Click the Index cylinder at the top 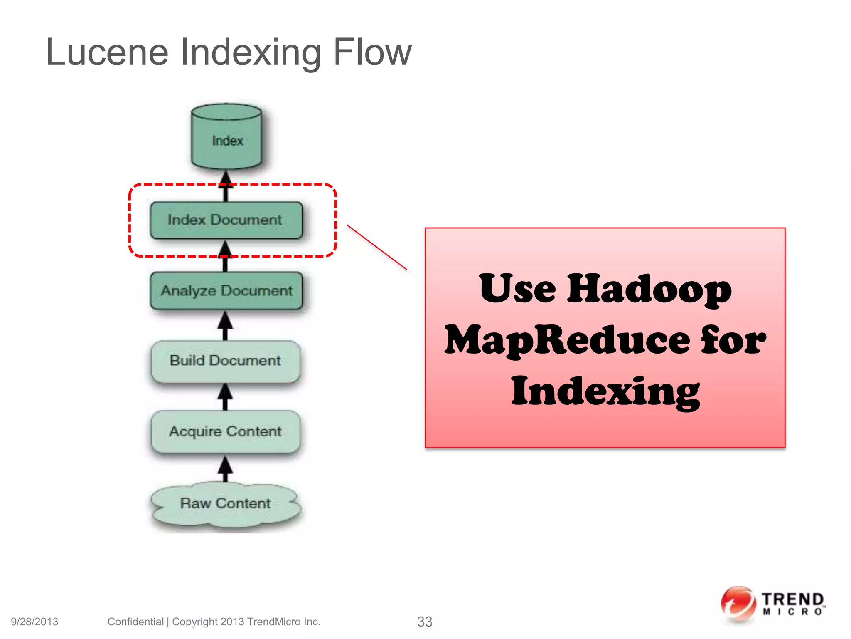[226, 137]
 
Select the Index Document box [226, 220]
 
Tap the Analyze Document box [226, 291]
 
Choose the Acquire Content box [226, 431]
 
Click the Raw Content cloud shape [226, 504]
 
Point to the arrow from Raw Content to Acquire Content [225, 469]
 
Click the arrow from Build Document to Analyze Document [225, 326]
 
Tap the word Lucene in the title [107, 52]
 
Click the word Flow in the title [372, 52]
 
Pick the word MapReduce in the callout [568, 340]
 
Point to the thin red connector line [376, 247]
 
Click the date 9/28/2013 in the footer [34, 622]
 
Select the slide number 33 [425, 622]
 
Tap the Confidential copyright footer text [214, 622]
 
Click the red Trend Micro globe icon [738, 604]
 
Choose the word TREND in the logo [792, 599]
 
